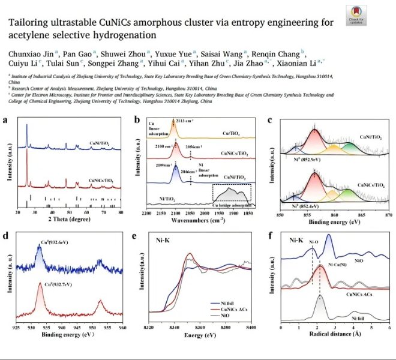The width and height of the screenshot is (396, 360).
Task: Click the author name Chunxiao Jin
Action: tap(30, 52)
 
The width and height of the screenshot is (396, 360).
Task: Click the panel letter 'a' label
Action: tap(5, 120)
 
